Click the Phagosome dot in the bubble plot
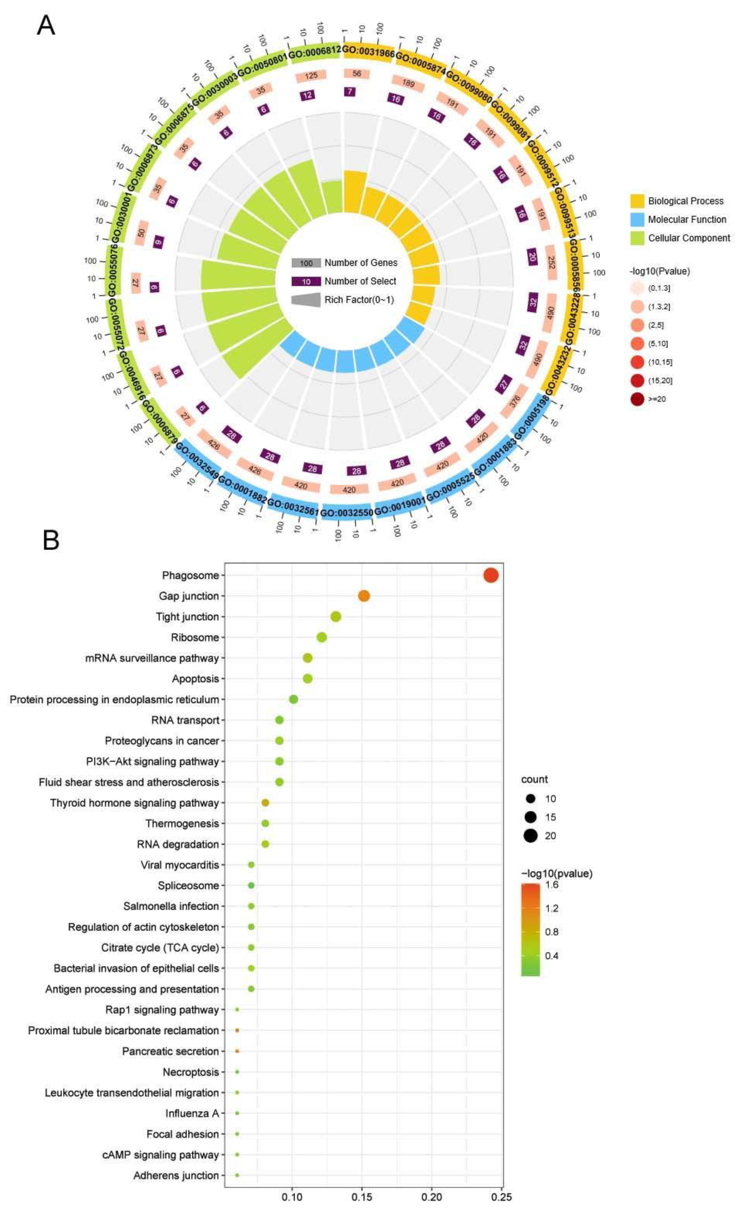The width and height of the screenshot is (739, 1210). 490,575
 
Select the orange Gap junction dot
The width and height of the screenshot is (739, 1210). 363,596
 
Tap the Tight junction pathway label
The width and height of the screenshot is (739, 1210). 187,617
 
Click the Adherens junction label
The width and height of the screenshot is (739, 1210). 176,1176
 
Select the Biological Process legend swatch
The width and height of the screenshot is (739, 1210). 637,201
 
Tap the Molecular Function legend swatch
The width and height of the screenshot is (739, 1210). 637,219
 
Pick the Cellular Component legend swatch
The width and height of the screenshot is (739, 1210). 637,238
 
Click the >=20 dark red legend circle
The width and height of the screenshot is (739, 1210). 637,399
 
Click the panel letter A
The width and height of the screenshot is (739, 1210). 46,26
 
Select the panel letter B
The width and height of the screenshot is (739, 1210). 51,540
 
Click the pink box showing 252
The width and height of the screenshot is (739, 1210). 551,262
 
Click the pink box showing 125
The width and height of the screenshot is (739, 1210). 311,76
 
